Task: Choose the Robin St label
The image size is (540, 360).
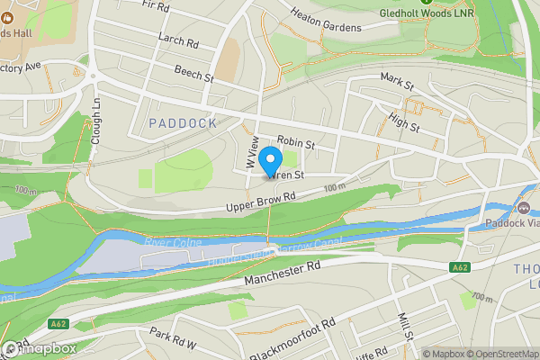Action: [295, 142]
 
